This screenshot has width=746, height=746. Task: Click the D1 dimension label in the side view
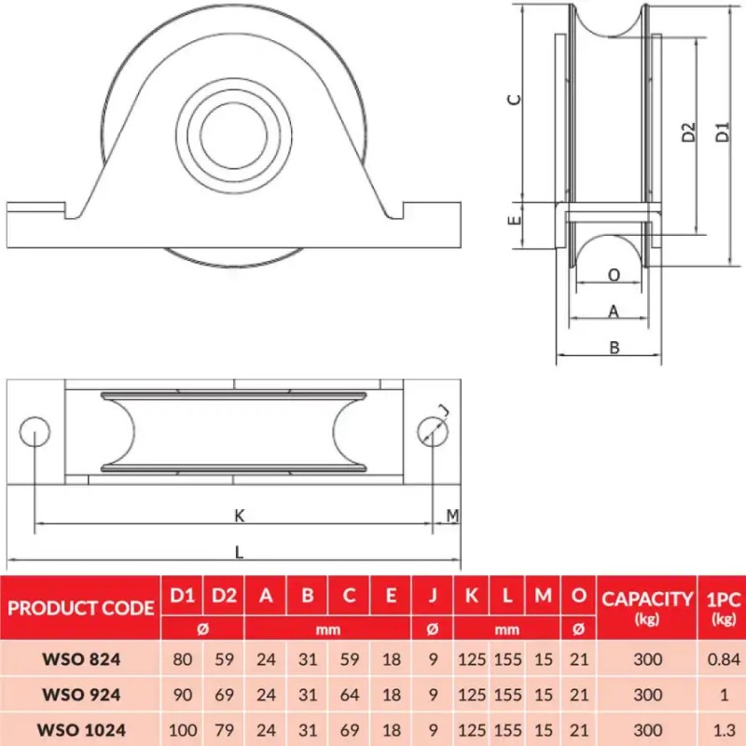coord(723,132)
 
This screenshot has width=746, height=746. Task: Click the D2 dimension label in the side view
coord(688,132)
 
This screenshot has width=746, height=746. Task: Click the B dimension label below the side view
coord(614,347)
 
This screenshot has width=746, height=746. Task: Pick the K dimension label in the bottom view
coord(240,515)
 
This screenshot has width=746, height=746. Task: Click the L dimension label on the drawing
coord(240,551)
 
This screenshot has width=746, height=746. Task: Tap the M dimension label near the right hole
coord(452,515)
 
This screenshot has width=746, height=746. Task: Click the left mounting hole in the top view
coord(35,431)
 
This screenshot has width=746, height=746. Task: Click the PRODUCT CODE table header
coord(80,608)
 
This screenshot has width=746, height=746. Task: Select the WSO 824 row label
coord(80,660)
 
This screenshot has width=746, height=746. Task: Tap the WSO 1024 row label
coord(80,729)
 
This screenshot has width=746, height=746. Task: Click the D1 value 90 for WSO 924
coord(183,695)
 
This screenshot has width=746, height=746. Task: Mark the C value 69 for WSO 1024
coord(349,729)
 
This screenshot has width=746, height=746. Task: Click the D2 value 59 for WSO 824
coord(224,660)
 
